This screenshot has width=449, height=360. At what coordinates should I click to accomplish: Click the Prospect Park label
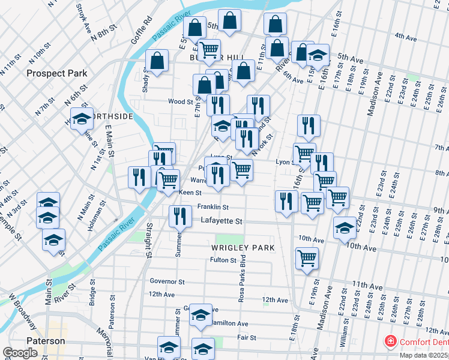click(57, 73)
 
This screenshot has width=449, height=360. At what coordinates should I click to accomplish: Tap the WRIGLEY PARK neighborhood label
click(243, 247)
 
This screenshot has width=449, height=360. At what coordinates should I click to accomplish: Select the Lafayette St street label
click(221, 221)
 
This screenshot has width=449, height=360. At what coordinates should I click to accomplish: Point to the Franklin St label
click(212, 207)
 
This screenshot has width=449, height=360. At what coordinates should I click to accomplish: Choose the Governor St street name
click(167, 281)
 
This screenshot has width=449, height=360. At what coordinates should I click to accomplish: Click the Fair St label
click(246, 338)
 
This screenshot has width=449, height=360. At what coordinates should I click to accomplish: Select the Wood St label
click(180, 102)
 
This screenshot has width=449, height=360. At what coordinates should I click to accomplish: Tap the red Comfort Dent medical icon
click(391, 341)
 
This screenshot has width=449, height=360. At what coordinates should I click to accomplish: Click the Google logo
click(20, 353)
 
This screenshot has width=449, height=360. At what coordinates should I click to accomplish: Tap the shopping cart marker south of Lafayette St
click(307, 258)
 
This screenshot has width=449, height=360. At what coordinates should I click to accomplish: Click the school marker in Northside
click(82, 119)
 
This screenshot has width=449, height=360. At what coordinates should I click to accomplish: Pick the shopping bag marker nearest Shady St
click(157, 61)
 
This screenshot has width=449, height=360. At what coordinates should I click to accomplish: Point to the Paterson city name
click(46, 341)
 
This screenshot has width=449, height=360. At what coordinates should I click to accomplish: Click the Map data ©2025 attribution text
click(423, 355)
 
